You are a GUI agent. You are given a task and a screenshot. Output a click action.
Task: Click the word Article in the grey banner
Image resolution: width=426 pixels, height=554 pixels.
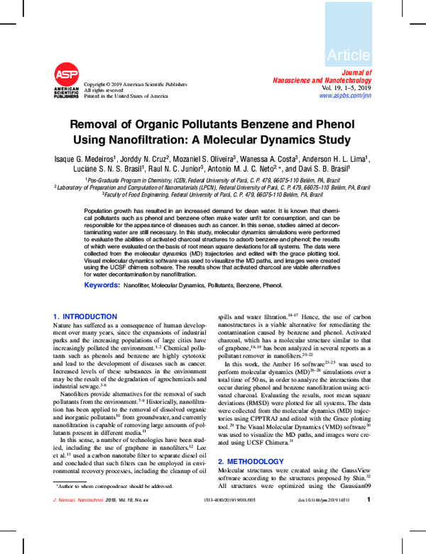pyautogui.click(x=349, y=55)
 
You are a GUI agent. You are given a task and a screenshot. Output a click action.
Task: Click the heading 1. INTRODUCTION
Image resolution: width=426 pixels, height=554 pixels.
pyautogui.click(x=85, y=316)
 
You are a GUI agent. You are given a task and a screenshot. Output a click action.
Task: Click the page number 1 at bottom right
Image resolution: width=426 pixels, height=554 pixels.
pyautogui.click(x=369, y=519)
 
